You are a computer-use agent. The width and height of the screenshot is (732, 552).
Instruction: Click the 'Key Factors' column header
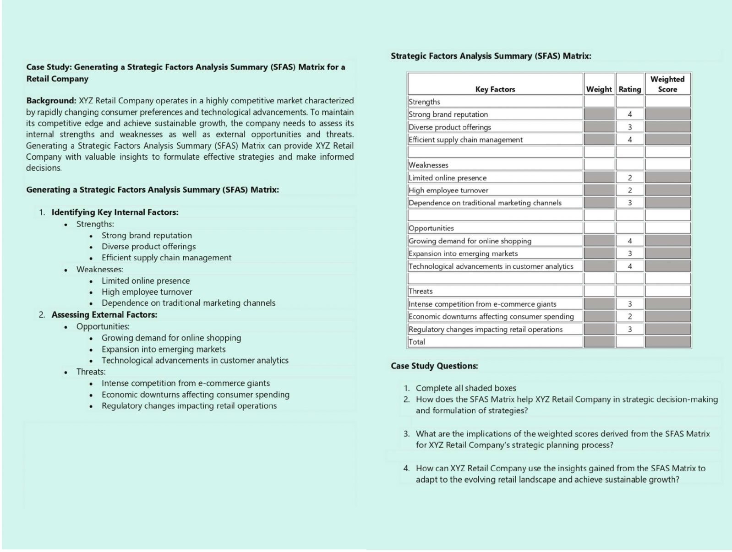pyautogui.click(x=495, y=89)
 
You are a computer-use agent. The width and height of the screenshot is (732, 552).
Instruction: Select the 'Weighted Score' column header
pyautogui.click(x=667, y=84)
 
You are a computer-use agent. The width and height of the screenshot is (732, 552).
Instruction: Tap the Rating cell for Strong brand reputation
pyautogui.click(x=629, y=114)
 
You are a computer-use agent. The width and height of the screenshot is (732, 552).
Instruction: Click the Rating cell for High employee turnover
pyautogui.click(x=629, y=190)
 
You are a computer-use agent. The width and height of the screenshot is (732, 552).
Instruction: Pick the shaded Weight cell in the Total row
pyautogui.click(x=599, y=341)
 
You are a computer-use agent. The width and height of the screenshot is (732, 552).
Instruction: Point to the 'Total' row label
pyautogui.click(x=417, y=341)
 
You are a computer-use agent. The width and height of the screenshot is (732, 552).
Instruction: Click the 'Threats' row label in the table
pyautogui.click(x=421, y=291)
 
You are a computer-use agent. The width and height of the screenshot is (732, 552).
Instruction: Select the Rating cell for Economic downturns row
pyautogui.click(x=629, y=316)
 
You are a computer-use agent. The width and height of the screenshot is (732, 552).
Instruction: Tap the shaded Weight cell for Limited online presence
pyautogui.click(x=599, y=178)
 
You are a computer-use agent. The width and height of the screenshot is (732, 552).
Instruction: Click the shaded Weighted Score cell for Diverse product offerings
pyautogui.click(x=667, y=127)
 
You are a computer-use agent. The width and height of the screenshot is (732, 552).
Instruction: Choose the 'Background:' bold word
pyautogui.click(x=51, y=101)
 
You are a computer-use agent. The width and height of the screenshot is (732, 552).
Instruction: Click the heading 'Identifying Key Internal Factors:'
pyautogui.click(x=115, y=212)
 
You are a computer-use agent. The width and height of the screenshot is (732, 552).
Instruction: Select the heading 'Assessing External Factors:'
pyautogui.click(x=104, y=315)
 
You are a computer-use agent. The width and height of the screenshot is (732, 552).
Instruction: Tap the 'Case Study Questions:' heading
pyautogui.click(x=434, y=366)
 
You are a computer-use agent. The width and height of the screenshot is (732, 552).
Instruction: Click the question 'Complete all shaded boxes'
pyautogui.click(x=465, y=388)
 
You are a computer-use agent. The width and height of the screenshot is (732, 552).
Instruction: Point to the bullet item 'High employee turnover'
pyautogui.click(x=147, y=292)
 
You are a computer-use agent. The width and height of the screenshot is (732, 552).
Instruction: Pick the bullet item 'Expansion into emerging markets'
pyautogui.click(x=163, y=349)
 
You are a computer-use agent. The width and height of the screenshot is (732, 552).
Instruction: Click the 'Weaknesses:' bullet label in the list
pyautogui.click(x=99, y=270)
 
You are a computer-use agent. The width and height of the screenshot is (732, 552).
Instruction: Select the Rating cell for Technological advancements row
pyautogui.click(x=629, y=266)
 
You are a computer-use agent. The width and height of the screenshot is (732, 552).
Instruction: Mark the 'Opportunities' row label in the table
pyautogui.click(x=431, y=228)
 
